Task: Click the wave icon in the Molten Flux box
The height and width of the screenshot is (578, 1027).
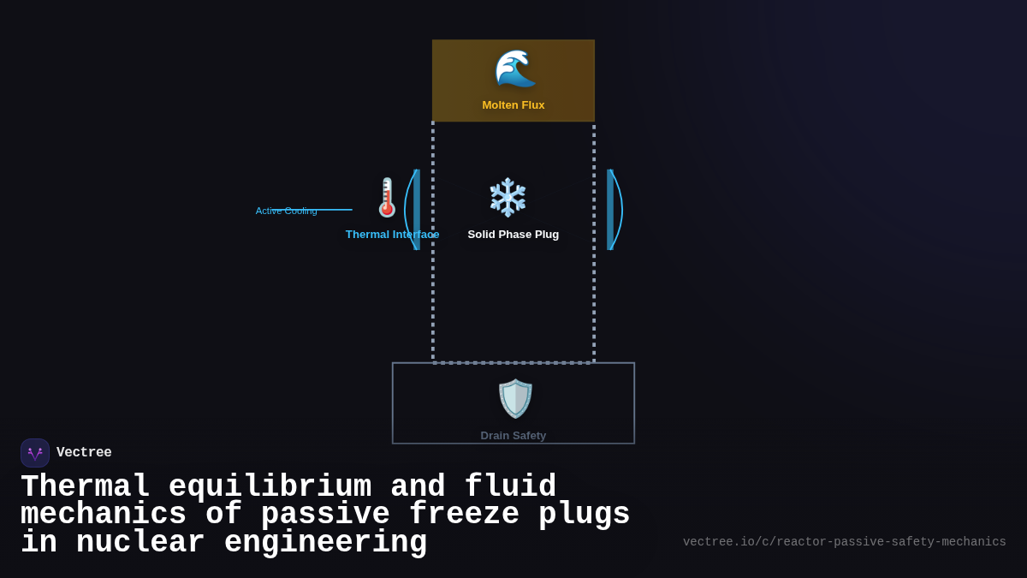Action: click(x=514, y=69)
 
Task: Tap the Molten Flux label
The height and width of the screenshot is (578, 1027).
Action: click(x=513, y=105)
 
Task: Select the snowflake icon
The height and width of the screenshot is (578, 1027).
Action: click(x=508, y=198)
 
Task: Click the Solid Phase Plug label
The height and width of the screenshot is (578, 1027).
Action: click(x=513, y=235)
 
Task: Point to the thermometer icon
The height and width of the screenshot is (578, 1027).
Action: click(x=387, y=198)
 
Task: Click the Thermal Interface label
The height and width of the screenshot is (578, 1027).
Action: click(x=392, y=235)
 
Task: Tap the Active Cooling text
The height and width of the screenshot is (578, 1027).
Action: click(x=287, y=211)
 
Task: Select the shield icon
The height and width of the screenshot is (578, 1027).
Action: click(x=514, y=399)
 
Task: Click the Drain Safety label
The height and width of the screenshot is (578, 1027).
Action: click(x=513, y=436)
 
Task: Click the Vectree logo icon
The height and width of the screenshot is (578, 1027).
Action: click(x=35, y=453)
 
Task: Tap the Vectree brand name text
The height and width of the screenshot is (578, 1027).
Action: click(x=84, y=453)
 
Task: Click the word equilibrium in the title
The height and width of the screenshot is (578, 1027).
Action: click(x=270, y=487)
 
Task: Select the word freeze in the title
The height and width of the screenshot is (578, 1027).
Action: click(x=464, y=515)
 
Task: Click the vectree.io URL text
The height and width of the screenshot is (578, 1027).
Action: click(x=844, y=542)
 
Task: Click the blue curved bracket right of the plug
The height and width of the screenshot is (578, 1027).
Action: click(x=619, y=210)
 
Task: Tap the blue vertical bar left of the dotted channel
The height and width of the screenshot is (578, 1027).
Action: click(x=417, y=210)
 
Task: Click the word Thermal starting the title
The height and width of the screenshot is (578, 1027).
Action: click(x=85, y=487)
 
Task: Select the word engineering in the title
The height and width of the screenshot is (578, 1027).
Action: click(x=325, y=543)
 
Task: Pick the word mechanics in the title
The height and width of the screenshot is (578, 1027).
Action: click(x=104, y=515)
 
